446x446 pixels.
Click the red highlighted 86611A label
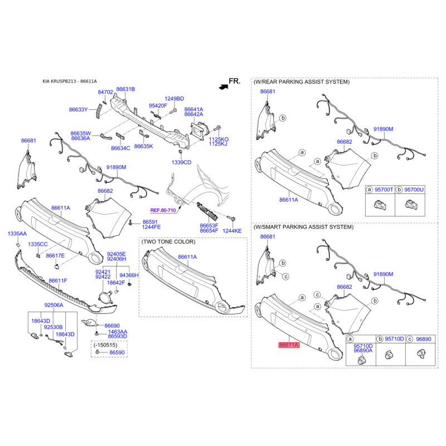click(289, 345)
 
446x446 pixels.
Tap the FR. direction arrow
click(224, 86)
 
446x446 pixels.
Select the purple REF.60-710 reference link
click(162, 210)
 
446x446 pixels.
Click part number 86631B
click(125, 89)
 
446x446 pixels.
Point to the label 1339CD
click(181, 162)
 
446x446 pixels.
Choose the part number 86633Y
click(79, 110)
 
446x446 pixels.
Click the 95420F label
click(158, 105)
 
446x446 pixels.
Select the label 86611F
click(57, 280)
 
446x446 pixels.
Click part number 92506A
click(54, 305)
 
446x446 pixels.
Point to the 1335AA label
click(17, 234)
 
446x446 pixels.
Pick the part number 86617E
click(55, 255)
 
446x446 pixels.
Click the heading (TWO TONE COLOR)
click(168, 242)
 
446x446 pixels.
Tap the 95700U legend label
click(414, 190)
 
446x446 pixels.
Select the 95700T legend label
click(384, 190)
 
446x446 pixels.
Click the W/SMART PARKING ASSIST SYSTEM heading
click(303, 227)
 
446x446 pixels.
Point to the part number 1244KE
click(232, 230)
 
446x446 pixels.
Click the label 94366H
click(129, 275)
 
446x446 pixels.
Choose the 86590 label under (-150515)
click(117, 353)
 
